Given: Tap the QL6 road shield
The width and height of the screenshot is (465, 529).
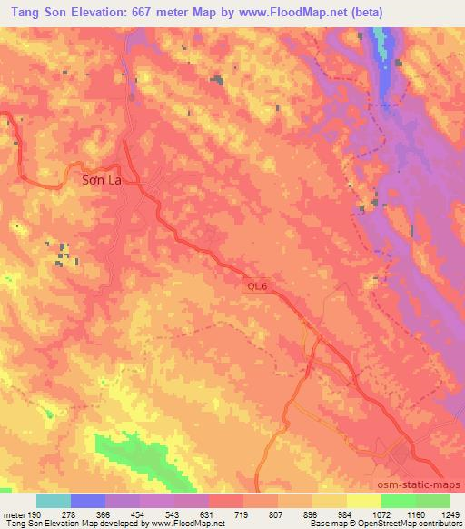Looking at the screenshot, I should [258, 285].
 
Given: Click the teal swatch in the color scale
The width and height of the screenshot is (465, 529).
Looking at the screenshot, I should [54, 502].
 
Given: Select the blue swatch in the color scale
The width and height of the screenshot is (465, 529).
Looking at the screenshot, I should [88, 502].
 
